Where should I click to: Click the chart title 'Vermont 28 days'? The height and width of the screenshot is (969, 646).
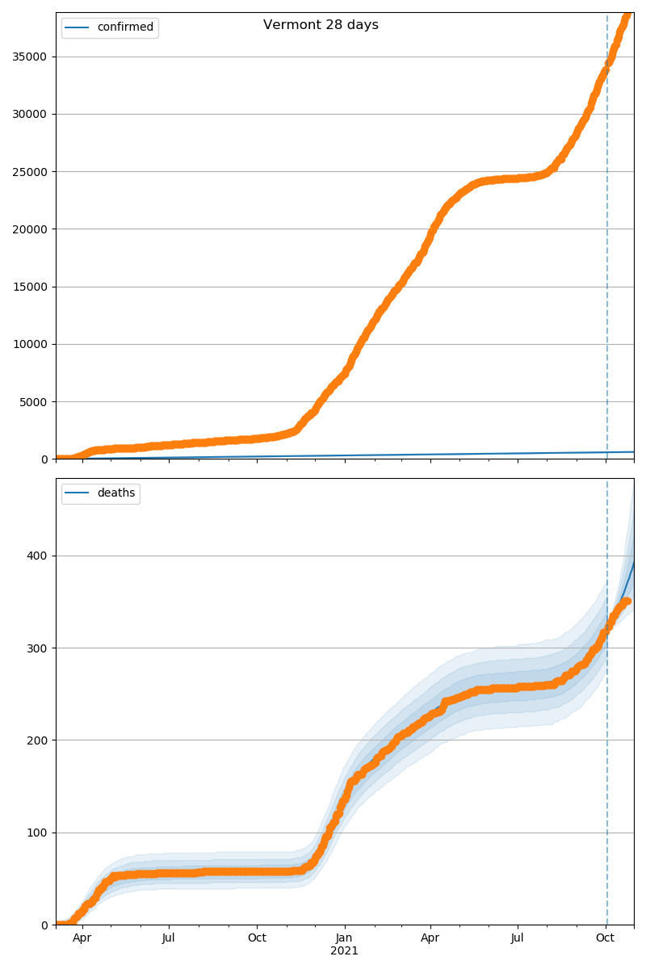click(321, 25)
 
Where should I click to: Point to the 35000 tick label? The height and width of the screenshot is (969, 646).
click(30, 57)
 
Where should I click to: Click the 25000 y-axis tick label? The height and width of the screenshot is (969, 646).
click(30, 172)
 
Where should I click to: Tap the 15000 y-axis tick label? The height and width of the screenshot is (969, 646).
click(30, 287)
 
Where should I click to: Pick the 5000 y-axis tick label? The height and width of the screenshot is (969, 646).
click(33, 402)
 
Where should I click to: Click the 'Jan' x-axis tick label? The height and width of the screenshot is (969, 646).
click(345, 938)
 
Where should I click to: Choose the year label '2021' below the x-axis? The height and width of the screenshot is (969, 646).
click(345, 951)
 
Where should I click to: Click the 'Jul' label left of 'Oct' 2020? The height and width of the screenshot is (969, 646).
click(169, 938)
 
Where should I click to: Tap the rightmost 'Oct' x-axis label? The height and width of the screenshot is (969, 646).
click(606, 938)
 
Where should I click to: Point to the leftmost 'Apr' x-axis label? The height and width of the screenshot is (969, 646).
click(82, 938)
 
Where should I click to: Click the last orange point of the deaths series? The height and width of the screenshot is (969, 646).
click(627, 601)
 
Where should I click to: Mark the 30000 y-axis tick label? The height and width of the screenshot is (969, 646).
click(30, 114)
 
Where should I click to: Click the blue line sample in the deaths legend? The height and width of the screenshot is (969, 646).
click(78, 493)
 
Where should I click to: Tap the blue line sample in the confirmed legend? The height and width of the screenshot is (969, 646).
click(78, 27)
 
